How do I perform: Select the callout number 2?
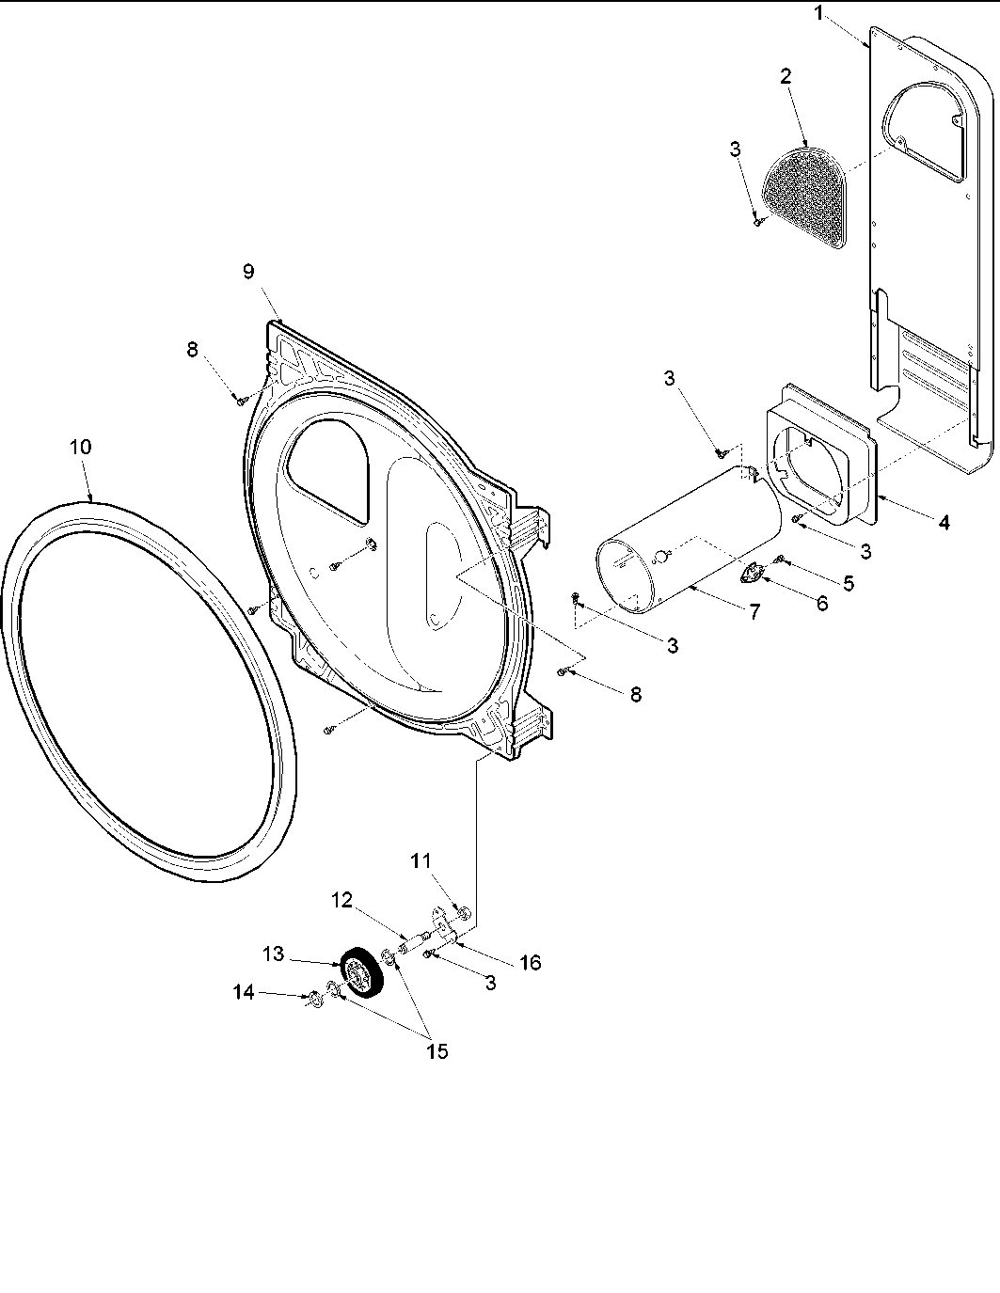pyautogui.click(x=785, y=77)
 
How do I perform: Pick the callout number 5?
pyautogui.click(x=848, y=583)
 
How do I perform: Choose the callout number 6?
pyautogui.click(x=821, y=604)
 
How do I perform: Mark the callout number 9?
pyautogui.click(x=248, y=272)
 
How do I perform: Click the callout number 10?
pyautogui.click(x=81, y=448)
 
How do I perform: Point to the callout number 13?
pyautogui.click(x=274, y=954)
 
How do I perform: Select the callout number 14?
pyautogui.click(x=244, y=991)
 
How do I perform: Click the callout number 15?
pyautogui.click(x=437, y=1050)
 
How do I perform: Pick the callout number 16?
pyautogui.click(x=530, y=963)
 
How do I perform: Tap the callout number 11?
pyautogui.click(x=421, y=859)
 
